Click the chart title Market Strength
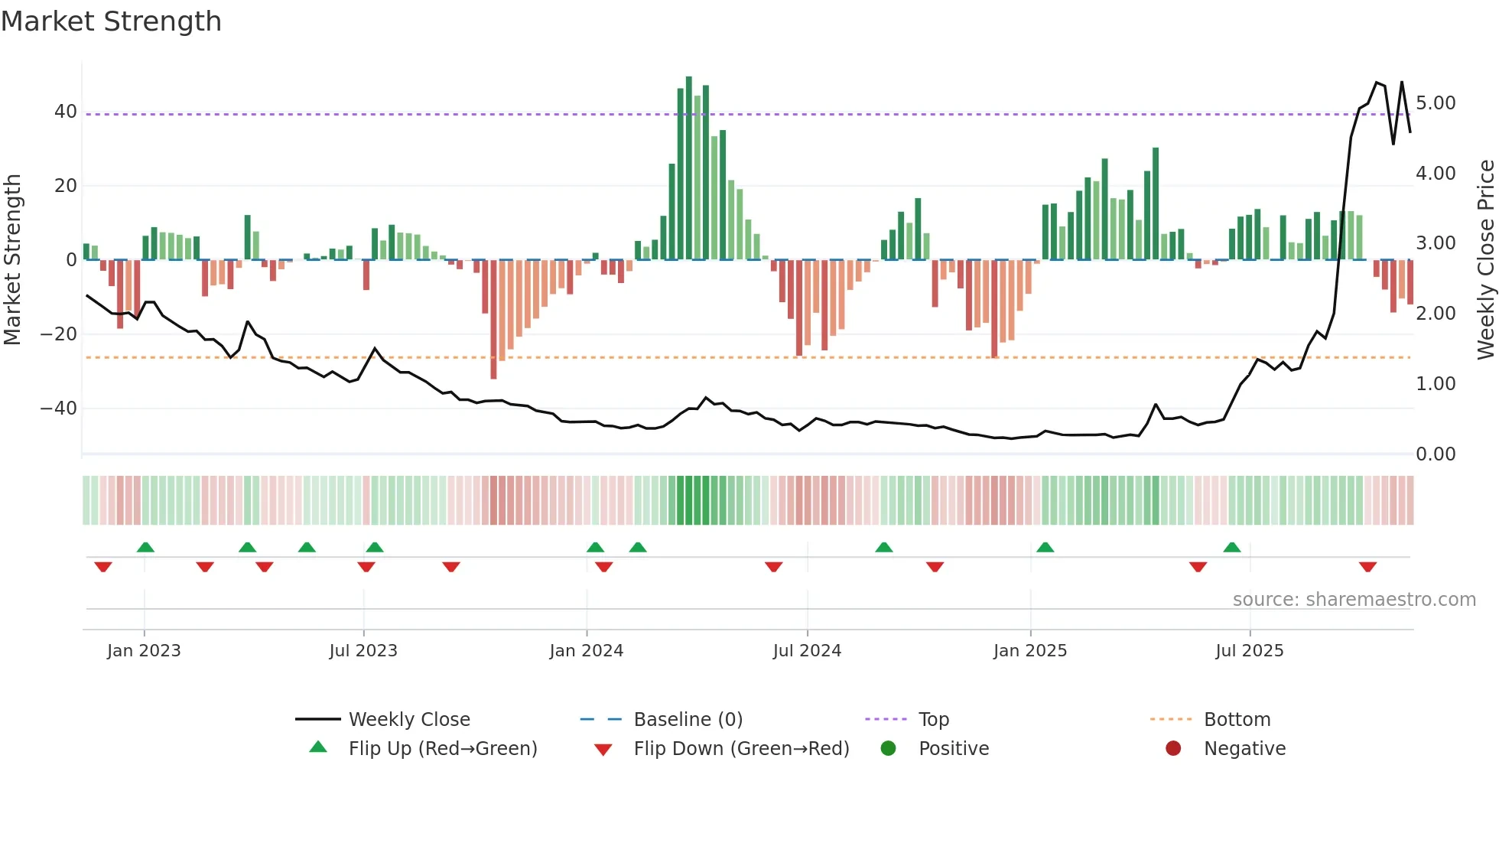point(111,21)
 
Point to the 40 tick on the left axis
point(65,112)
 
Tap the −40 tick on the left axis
point(59,408)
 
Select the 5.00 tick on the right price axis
point(1436,103)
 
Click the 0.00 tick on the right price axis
point(1436,454)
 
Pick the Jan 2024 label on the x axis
point(586,651)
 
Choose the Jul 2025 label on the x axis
point(1249,651)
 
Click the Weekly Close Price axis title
point(1486,260)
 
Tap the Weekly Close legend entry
point(409,720)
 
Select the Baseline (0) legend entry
point(688,720)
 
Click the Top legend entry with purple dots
point(933,720)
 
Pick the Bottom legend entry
point(1237,720)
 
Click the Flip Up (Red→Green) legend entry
point(443,749)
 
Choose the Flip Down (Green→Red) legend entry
point(741,749)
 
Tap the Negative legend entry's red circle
point(1173,749)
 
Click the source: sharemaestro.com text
point(1354,600)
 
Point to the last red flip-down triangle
point(1367,567)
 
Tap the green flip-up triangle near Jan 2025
point(1045,547)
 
